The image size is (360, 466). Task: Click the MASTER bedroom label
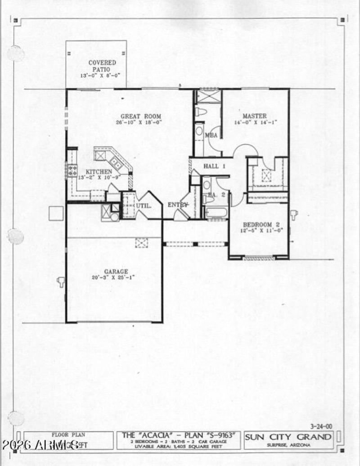pos(255,116)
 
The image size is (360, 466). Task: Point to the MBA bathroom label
pos(211,135)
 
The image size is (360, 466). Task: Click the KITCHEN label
pos(99,172)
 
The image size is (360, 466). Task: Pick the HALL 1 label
pos(214,166)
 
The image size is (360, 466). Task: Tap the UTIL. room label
pos(143,205)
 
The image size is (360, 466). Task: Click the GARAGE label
pos(116,271)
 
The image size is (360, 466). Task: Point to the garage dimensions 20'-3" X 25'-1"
pos(116,277)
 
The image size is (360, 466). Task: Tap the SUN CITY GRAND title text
pos(288,437)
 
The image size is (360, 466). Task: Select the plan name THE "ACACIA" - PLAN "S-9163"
pos(178,435)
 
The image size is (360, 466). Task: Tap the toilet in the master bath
pos(201,112)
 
